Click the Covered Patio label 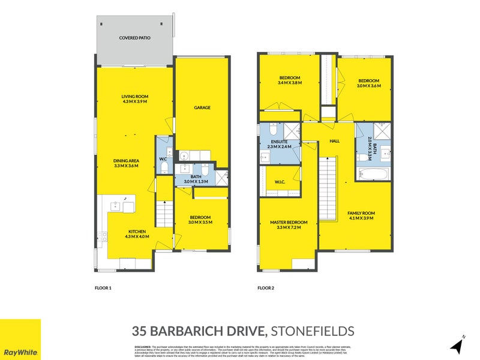[135, 37]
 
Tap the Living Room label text [135, 97]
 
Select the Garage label [201, 108]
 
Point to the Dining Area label [127, 160]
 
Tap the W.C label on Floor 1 [162, 159]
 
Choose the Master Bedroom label [285, 224]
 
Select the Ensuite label [279, 141]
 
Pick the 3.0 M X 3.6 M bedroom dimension [368, 86]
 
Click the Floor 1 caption [104, 288]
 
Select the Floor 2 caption [266, 288]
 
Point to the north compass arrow [458, 346]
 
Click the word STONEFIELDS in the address [313, 331]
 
